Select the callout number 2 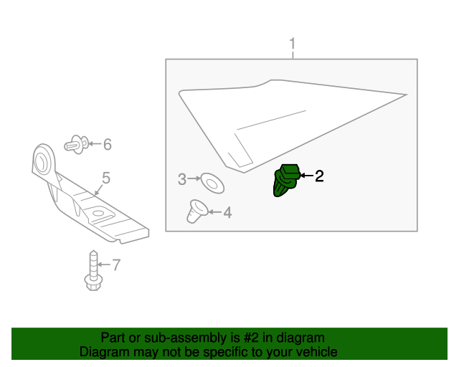point(319,176)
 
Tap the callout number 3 point(182,178)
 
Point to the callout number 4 point(227,212)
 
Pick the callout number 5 point(105,178)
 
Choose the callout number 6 point(108,145)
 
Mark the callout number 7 point(116,265)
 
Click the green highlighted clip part point(286,180)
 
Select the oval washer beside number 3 point(212,182)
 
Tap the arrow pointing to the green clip point(306,176)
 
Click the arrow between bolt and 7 point(104,265)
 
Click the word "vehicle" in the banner point(315,352)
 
